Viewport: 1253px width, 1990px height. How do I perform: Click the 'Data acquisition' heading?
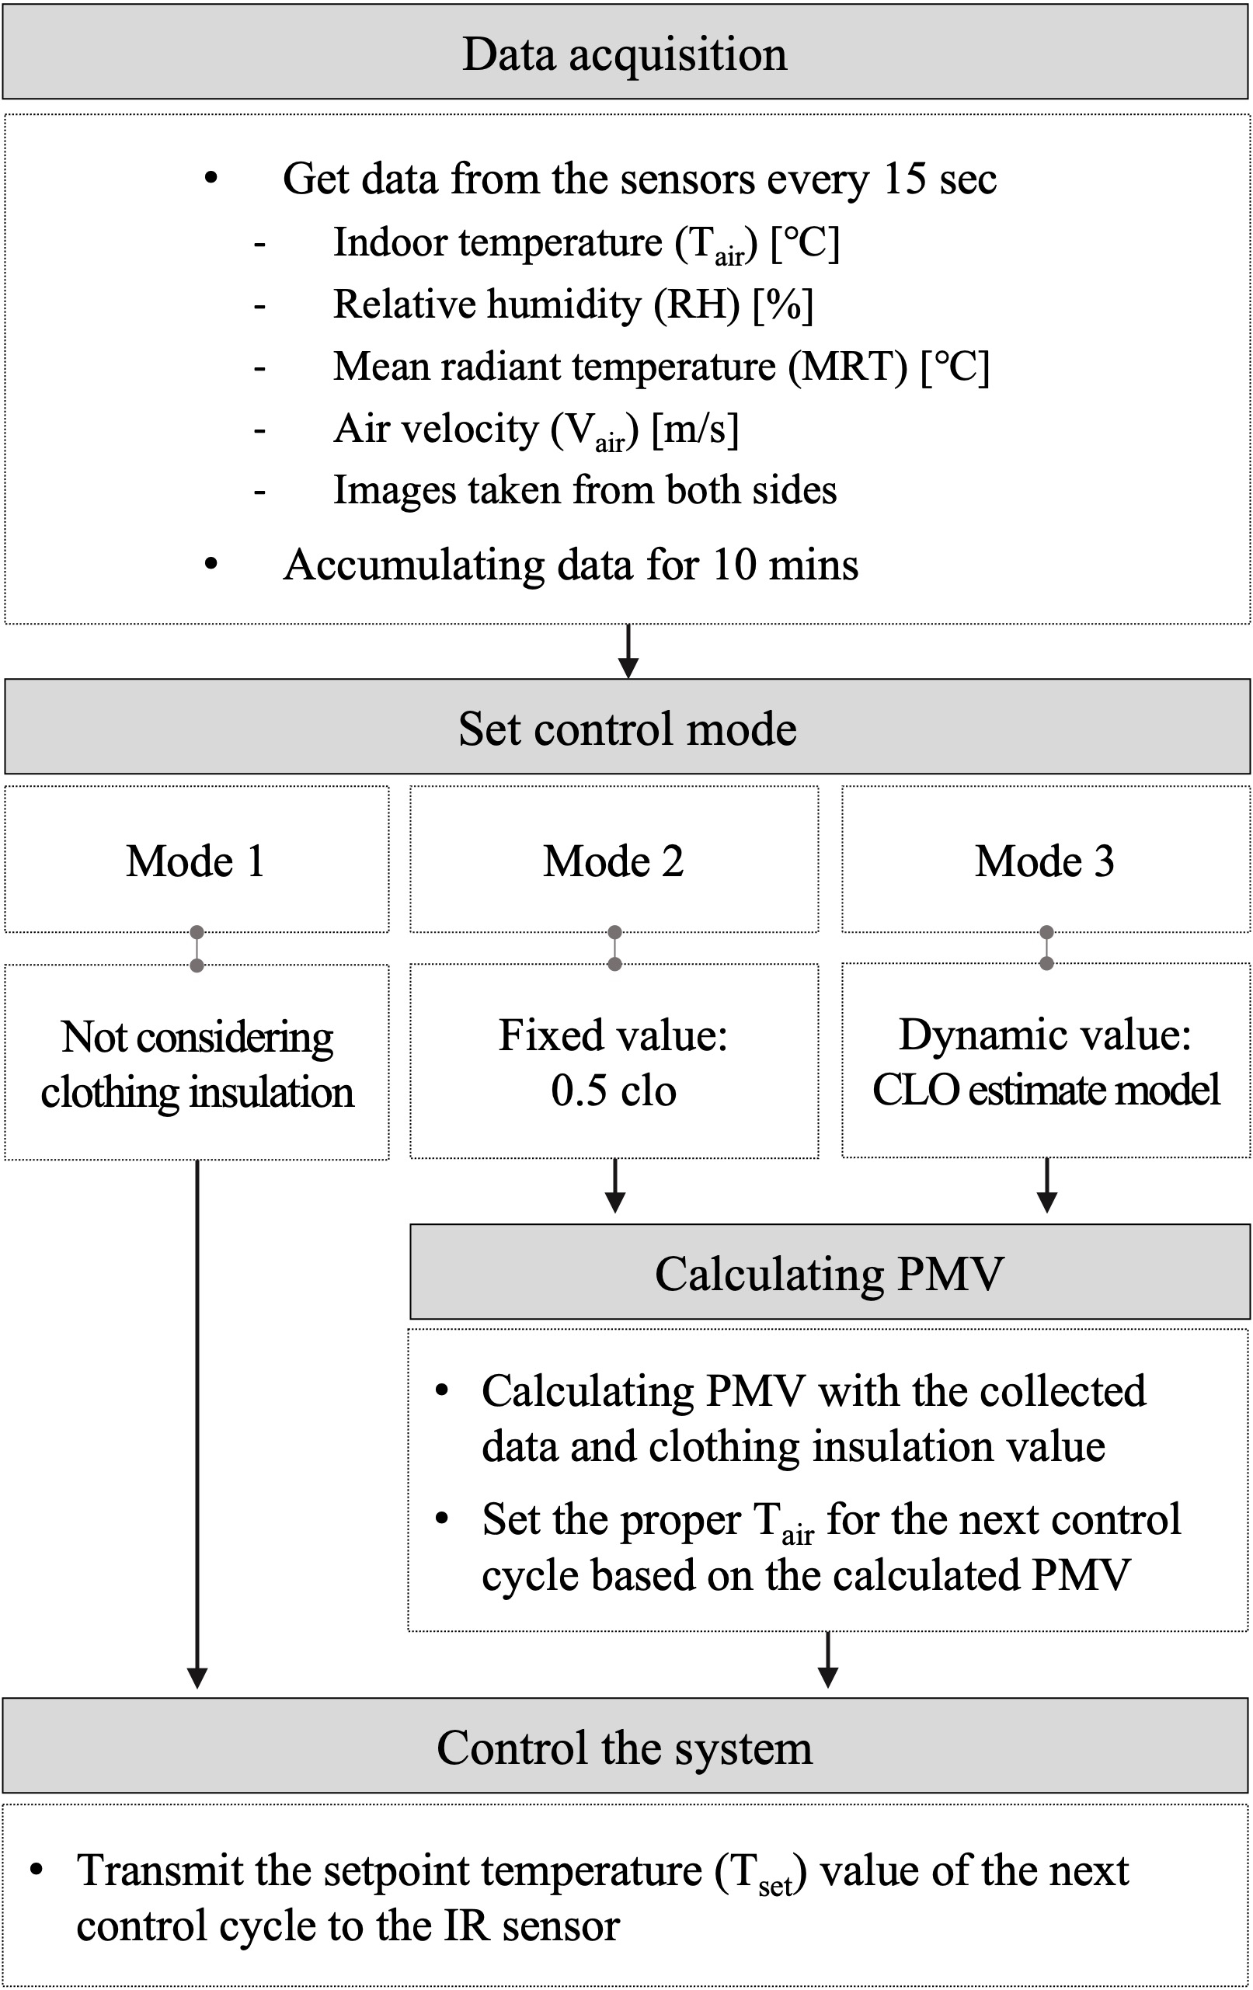pos(625,54)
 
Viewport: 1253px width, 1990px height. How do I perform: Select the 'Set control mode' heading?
pos(628,729)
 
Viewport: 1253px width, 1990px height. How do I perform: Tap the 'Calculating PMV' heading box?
pos(829,1274)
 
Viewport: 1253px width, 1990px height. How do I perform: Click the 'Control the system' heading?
pos(625,1748)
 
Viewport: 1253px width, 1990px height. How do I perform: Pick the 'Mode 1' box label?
pos(196,861)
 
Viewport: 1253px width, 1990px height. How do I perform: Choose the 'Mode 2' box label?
pos(614,861)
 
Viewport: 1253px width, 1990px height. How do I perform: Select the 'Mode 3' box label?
pos(1045,861)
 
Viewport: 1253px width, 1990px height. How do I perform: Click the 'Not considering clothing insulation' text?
pos(197,1064)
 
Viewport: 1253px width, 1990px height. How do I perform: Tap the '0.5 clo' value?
pos(614,1091)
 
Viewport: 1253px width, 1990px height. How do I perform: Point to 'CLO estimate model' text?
pos(1046,1090)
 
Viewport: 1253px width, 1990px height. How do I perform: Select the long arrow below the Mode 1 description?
pos(197,1421)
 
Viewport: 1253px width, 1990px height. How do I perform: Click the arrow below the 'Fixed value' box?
pos(615,1185)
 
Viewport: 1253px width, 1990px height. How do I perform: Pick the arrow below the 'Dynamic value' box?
pos(1047,1185)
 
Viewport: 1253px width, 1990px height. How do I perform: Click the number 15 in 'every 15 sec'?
pos(905,179)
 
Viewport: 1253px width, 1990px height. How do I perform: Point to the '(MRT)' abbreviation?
pos(848,366)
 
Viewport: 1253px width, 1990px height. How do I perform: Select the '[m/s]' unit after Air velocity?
pos(695,429)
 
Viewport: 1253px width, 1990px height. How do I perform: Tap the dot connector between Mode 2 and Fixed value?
pos(615,948)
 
